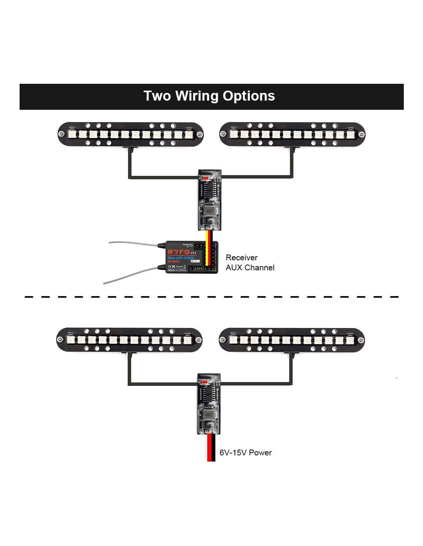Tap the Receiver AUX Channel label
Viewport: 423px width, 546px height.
(x=250, y=263)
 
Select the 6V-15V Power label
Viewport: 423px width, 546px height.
(x=245, y=453)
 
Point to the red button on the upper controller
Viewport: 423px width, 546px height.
(x=206, y=178)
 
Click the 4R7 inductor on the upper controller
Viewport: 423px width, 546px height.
(x=210, y=211)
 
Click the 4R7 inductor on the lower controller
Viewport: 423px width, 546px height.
(x=209, y=415)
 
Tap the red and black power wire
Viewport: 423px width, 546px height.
(x=211, y=448)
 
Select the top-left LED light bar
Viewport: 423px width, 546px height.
(x=130, y=134)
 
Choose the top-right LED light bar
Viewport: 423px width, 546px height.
(x=292, y=134)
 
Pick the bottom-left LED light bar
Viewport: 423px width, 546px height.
(x=129, y=340)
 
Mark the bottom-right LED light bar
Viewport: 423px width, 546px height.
(x=291, y=340)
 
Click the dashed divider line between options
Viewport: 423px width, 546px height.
(x=211, y=297)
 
